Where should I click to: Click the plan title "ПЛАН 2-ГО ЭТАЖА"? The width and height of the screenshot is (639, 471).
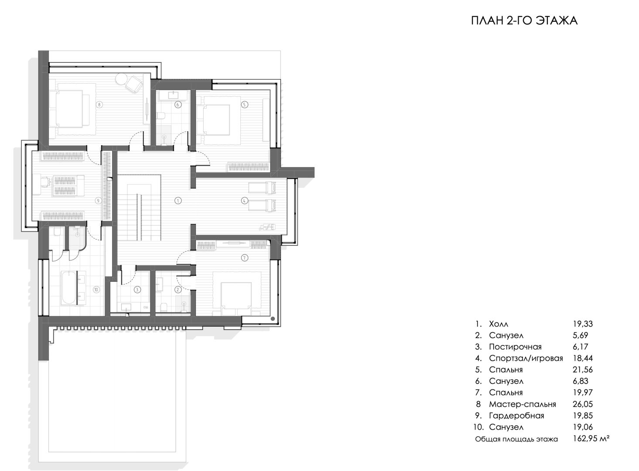pos(524,20)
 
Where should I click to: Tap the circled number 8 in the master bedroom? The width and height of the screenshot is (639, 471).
pos(99,105)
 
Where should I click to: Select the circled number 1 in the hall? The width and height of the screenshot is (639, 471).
pos(178,201)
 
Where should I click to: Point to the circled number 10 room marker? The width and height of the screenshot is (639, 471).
pos(96,290)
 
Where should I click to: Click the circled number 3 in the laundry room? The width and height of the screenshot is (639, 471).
pos(137,290)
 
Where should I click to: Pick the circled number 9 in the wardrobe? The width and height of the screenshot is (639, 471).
pos(98,201)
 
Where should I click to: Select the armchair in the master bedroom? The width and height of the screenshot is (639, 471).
pos(134,84)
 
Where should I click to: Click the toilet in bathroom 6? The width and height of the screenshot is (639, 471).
pos(161,116)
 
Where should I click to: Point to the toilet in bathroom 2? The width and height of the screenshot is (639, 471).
pos(164,307)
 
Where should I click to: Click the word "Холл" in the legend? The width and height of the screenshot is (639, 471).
pos(499,324)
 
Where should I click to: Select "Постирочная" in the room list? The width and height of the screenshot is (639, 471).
pos(515,347)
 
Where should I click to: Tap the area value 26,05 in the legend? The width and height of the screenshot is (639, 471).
pos(583,404)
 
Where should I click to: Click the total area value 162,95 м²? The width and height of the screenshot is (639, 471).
pos(591,438)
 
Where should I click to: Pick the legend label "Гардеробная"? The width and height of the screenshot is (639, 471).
pos(516,416)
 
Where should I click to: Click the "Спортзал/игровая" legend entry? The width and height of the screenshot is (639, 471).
pos(526,358)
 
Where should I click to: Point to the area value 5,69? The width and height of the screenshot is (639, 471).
pos(580,335)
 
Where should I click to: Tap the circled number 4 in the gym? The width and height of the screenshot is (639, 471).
pos(244,201)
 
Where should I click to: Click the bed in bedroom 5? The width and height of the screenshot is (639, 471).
pos(216,120)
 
